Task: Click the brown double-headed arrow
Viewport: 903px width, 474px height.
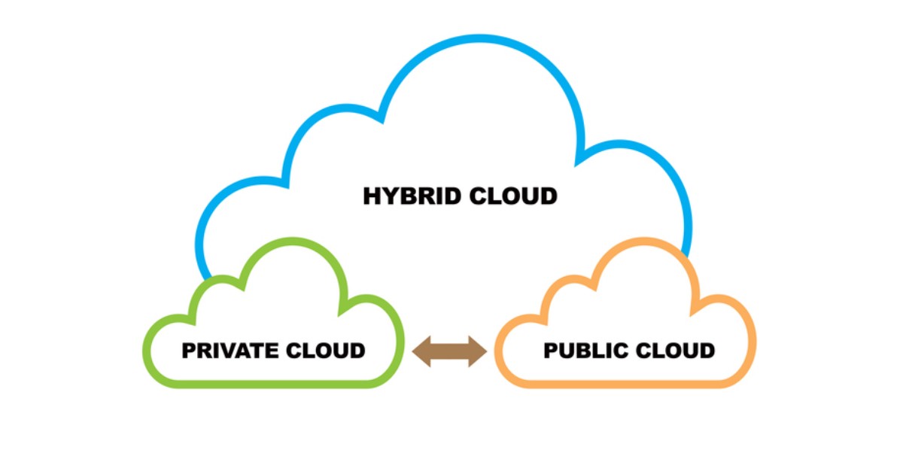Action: [x=450, y=351]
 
